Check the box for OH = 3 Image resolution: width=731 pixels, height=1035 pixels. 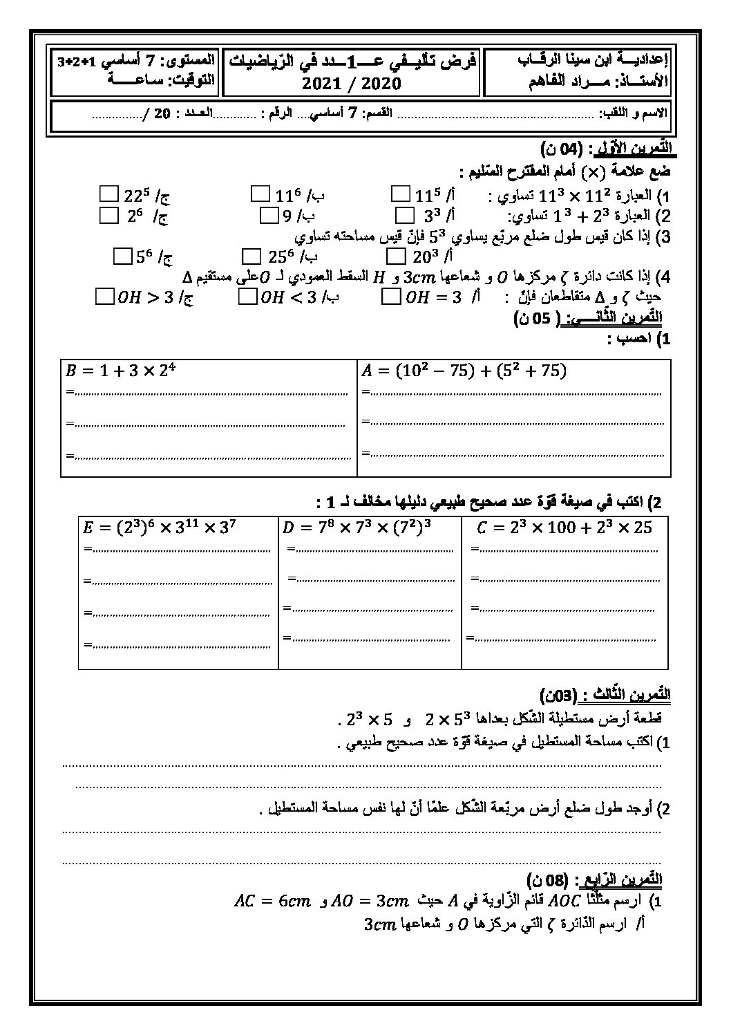(390, 297)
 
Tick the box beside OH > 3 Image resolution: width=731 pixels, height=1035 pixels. (104, 297)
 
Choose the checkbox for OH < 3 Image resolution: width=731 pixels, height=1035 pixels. (247, 297)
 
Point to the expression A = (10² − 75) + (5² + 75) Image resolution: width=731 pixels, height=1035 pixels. (463, 371)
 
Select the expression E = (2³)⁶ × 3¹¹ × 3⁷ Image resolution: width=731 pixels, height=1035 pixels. (160, 528)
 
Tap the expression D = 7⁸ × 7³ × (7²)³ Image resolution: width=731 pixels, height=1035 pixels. (357, 528)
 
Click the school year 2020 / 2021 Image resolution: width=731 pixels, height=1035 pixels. (352, 84)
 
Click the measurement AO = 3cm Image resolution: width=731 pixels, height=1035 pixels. (372, 901)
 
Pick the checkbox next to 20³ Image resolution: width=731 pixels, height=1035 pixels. (397, 257)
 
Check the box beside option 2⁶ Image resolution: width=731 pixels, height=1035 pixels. (108, 216)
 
